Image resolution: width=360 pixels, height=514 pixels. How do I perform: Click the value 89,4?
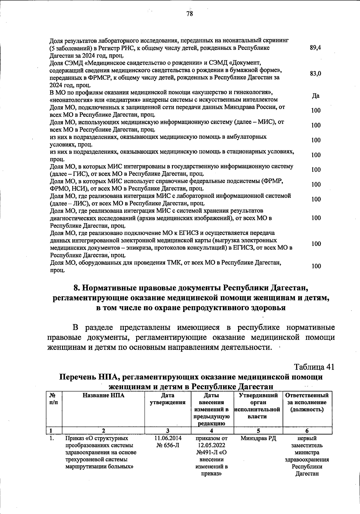pos(315,48)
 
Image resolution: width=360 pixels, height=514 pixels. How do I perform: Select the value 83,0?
pos(316,74)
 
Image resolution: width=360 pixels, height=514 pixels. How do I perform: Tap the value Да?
pos(316,96)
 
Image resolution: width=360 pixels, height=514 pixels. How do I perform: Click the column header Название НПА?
pos(103,395)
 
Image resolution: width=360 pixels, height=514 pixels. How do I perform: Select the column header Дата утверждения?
pos(167,399)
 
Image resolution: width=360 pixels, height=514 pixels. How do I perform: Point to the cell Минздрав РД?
pos(258,438)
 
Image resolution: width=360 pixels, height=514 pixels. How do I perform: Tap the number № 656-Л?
pos(168,445)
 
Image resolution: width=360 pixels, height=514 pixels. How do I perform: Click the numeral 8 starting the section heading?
pos(76,288)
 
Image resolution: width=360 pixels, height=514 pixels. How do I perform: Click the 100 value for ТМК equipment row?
pos(316,266)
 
